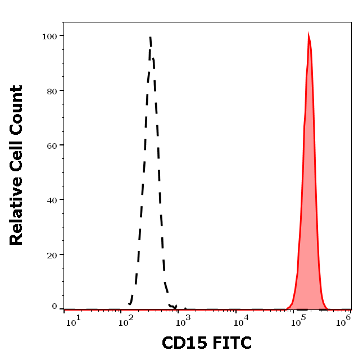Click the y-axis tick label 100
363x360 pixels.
(x=50, y=36)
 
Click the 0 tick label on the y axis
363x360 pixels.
(x=55, y=307)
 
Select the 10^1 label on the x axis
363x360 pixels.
(x=74, y=320)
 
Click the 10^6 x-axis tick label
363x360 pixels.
(x=344, y=320)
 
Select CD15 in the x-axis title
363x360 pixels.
(x=182, y=342)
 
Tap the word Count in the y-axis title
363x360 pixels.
(x=16, y=108)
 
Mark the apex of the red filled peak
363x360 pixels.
(x=308, y=34)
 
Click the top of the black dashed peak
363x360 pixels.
(x=151, y=37)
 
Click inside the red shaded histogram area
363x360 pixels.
(x=308, y=225)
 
